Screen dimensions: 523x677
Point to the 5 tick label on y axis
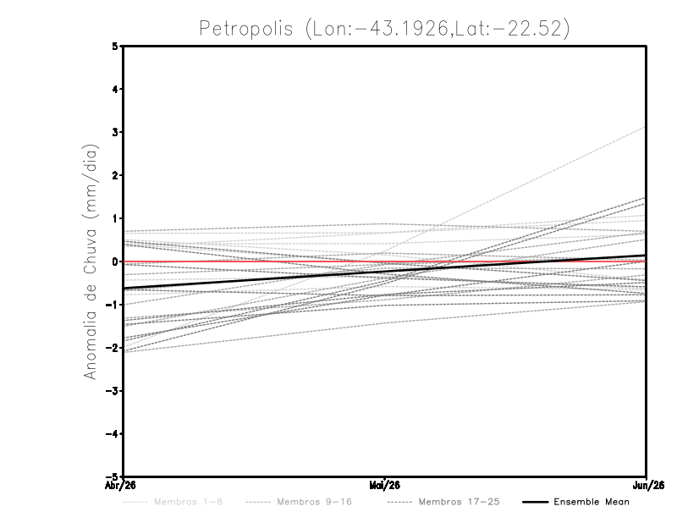[115, 46]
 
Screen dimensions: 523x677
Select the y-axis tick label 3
[115, 132]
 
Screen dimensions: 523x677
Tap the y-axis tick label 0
[115, 261]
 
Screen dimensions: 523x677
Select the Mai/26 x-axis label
[385, 485]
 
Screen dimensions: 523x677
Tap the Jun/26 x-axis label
[647, 485]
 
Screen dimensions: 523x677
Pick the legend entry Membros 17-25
[460, 502]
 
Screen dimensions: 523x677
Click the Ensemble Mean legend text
[591, 502]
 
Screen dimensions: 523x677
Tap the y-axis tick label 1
[115, 218]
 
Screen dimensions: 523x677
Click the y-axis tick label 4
[115, 89]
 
